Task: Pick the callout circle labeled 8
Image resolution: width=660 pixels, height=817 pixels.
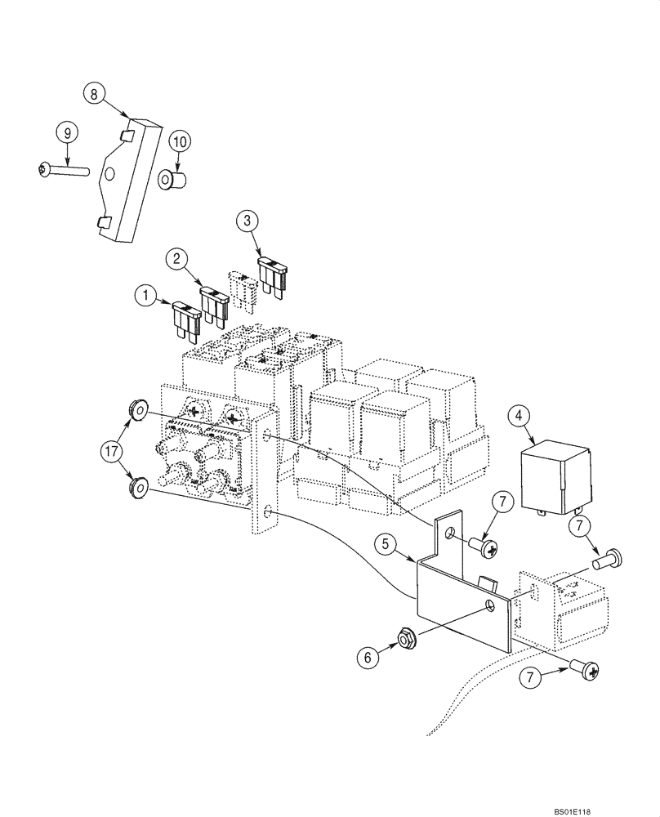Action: pos(95,94)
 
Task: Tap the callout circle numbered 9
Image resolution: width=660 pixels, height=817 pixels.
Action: pos(67,131)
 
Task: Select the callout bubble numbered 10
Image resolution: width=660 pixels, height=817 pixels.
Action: pos(181,141)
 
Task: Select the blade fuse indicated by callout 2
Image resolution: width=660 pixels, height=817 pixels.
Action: pos(214,304)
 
